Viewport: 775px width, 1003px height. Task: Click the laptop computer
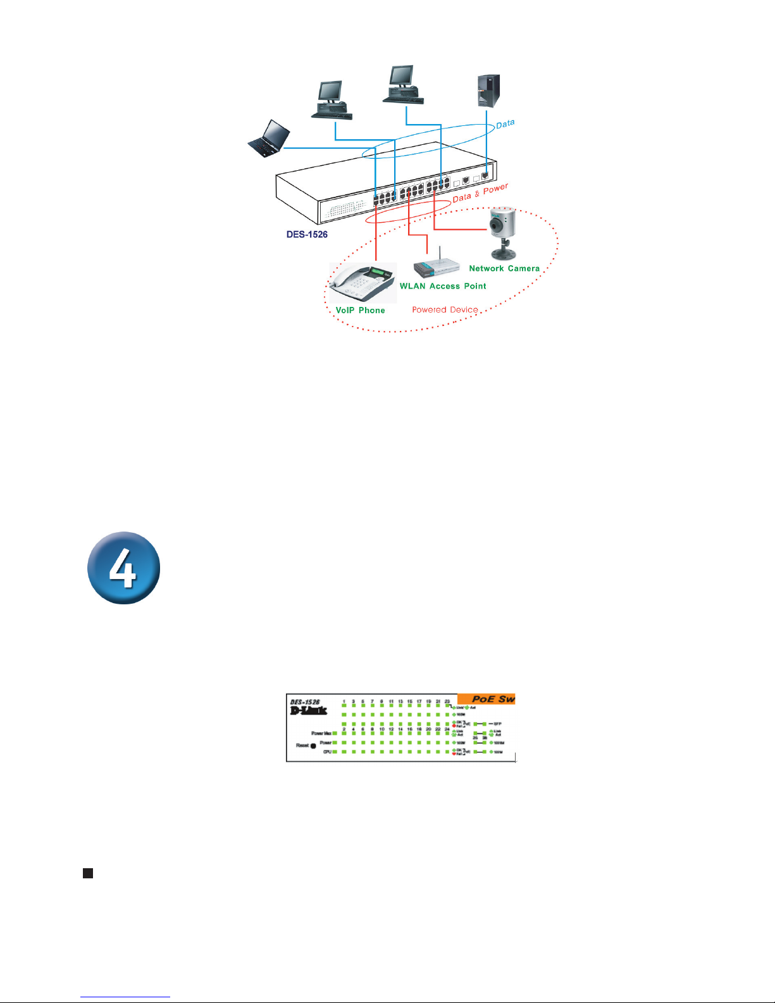(269, 138)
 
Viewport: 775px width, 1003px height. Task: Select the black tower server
(488, 90)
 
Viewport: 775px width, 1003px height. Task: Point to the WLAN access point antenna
(440, 249)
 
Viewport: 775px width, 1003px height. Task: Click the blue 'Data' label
(505, 124)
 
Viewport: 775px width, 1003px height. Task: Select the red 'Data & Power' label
(480, 193)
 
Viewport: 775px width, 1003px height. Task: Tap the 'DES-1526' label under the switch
(307, 234)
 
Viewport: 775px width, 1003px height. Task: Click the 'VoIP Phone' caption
(360, 310)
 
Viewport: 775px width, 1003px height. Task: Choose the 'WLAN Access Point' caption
(443, 286)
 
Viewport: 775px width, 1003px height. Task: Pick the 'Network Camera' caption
(504, 268)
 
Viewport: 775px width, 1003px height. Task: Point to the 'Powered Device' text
(445, 309)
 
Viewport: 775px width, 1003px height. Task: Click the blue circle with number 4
(123, 568)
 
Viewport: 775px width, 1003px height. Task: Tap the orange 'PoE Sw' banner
(487, 699)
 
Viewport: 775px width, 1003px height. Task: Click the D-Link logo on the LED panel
(308, 711)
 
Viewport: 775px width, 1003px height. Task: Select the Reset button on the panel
(313, 746)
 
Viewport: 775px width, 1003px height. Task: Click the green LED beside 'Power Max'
(335, 733)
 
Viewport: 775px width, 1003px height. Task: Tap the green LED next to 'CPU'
(335, 752)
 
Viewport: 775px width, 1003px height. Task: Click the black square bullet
(88, 873)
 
